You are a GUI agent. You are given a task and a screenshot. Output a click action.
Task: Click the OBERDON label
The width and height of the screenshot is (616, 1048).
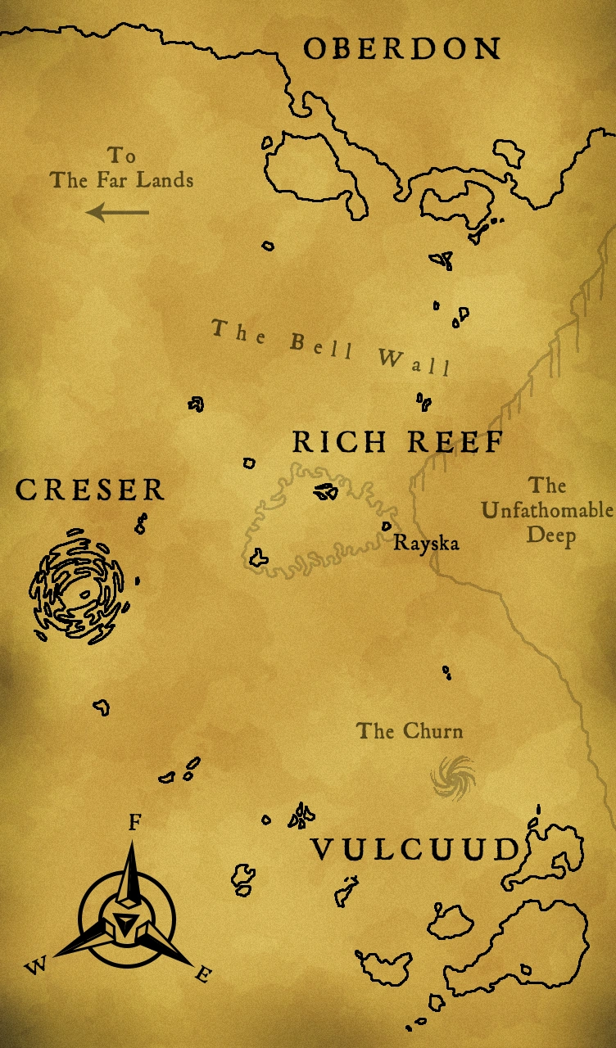point(401,48)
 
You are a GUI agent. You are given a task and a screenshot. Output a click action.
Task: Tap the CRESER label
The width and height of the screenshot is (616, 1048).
point(90,490)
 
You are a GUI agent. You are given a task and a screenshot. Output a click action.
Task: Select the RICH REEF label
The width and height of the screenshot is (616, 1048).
point(397,442)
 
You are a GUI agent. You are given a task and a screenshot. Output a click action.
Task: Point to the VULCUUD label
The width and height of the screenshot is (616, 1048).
point(416,850)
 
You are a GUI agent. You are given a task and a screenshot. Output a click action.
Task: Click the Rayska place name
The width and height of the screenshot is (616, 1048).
point(426,542)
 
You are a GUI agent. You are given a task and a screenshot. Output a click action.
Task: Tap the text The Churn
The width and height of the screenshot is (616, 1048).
point(410,730)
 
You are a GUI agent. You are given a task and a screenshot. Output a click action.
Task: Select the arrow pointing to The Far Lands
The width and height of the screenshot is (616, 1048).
point(118,213)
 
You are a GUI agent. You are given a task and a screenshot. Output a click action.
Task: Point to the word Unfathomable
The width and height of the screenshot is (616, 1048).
point(547,511)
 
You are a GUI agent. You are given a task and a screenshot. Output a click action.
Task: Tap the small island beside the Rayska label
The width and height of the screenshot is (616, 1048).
point(386,526)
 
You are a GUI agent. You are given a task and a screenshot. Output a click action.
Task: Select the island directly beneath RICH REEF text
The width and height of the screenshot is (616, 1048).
point(326,492)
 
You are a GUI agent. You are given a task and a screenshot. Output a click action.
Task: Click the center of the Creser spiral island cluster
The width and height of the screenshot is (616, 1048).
point(79,585)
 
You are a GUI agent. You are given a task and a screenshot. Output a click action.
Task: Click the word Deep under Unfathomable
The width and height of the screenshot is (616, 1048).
point(550,536)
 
